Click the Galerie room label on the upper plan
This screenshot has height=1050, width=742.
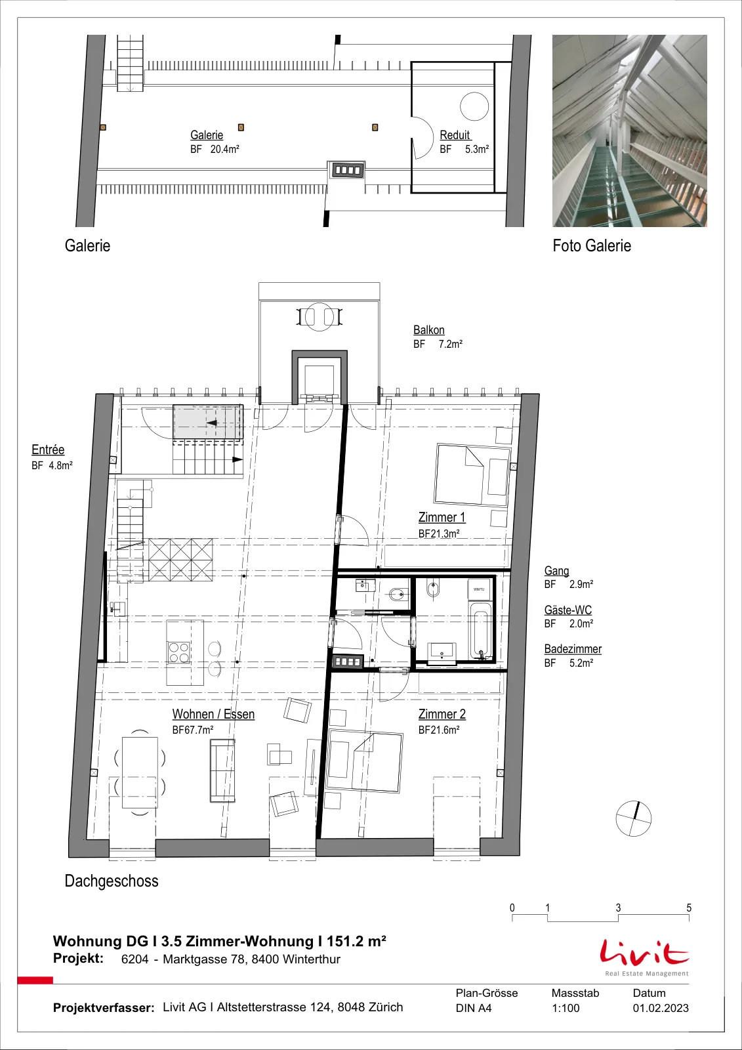point(207,135)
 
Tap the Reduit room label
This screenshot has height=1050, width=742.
point(455,135)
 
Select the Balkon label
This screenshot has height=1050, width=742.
point(429,330)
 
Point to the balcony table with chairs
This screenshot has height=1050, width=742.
point(319,317)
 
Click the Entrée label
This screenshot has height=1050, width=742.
point(48,450)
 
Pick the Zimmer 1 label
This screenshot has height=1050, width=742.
point(442,518)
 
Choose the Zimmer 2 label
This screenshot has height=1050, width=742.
point(442,714)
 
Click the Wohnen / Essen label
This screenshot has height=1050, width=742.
point(213,714)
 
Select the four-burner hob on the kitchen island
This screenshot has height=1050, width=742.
point(179,652)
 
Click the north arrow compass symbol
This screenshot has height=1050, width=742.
point(633,818)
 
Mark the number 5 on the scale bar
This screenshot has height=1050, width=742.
point(689,908)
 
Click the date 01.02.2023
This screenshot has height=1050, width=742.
point(661,1008)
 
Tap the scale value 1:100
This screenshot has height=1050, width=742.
point(566,1008)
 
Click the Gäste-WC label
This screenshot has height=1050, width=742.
point(567,610)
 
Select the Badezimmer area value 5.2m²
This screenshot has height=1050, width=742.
point(581,663)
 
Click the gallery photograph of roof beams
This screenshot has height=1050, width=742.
point(630,131)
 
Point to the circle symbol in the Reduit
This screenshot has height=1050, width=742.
point(474,106)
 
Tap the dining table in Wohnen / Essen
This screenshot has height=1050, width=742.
point(140,772)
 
